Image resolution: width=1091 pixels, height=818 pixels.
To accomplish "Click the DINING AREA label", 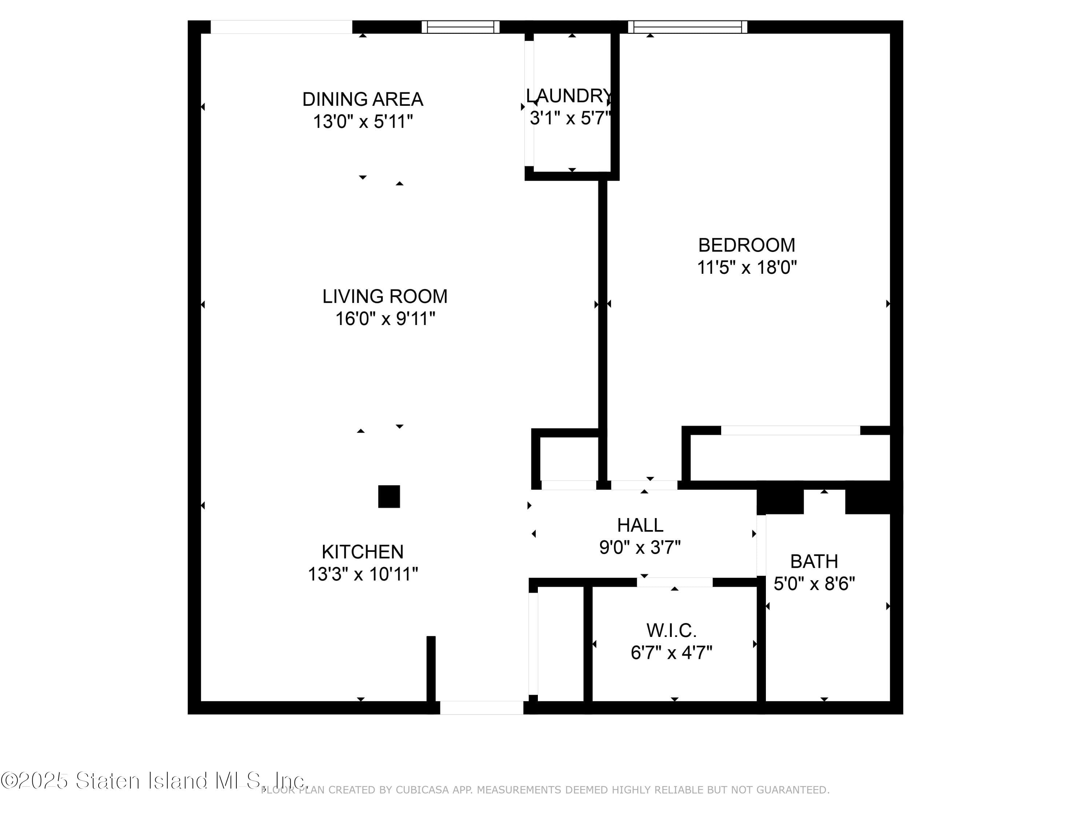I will click(x=363, y=99).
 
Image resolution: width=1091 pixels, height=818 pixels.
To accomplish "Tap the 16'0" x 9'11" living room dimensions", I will click(x=385, y=319).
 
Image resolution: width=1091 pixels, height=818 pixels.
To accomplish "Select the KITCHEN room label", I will click(x=363, y=551).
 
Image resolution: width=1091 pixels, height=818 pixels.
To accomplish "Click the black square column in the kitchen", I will click(x=389, y=497).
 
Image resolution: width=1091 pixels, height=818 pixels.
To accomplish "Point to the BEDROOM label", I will click(x=746, y=245).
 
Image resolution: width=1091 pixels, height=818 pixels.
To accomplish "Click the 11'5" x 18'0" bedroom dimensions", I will click(x=746, y=268).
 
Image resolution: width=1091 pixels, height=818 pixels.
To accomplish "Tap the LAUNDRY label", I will click(x=569, y=96).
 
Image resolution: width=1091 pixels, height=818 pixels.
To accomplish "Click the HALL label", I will click(x=640, y=525).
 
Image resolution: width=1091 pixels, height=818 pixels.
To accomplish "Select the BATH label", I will click(x=814, y=561).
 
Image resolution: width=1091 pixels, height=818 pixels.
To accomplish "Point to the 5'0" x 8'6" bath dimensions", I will click(x=814, y=584).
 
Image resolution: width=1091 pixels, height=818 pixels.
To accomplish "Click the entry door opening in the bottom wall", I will click(x=481, y=707).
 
